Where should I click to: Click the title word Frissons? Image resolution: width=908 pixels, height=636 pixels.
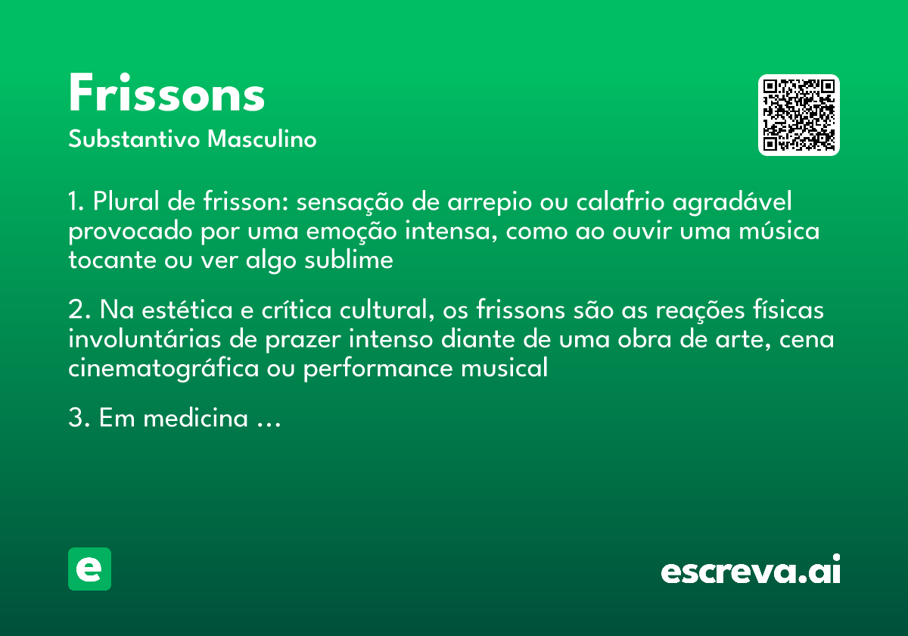point(166,95)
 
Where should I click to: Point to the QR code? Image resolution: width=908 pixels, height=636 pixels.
point(799,115)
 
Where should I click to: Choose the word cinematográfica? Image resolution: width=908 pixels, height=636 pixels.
point(161,369)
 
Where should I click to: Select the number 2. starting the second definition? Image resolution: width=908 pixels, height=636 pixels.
point(79,311)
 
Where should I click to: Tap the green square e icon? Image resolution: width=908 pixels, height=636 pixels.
point(89,569)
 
